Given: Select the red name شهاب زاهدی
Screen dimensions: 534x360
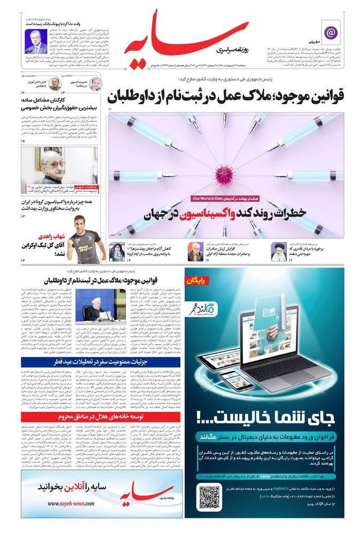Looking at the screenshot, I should [51, 237].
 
